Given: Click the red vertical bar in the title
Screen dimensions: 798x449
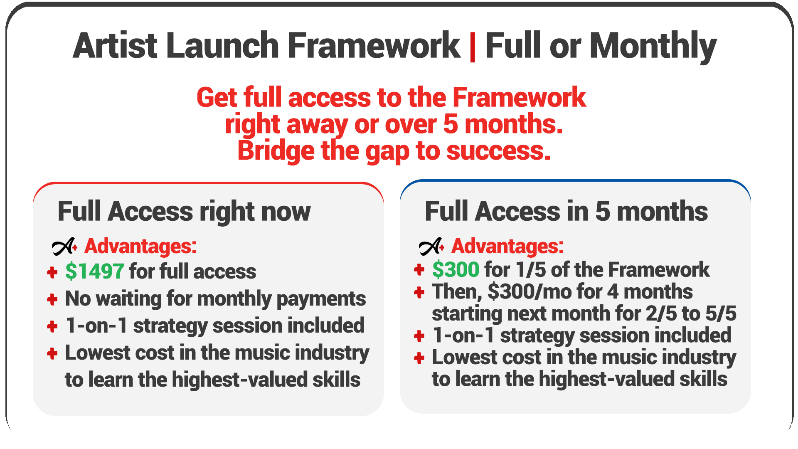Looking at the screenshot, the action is (x=473, y=47).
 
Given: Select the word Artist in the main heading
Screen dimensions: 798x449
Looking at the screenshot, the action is (x=115, y=45).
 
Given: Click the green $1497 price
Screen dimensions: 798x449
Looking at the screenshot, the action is (x=94, y=271).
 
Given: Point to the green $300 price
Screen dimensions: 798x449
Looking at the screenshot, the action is (x=456, y=270).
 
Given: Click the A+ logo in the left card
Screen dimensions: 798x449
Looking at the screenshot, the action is (x=65, y=246).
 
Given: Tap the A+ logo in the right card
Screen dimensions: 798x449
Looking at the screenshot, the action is (x=432, y=246).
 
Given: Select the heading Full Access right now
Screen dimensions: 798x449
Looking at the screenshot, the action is (x=184, y=212).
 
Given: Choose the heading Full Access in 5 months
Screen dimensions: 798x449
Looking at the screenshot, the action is (x=566, y=211).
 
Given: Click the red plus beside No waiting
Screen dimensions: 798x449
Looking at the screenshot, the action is (x=52, y=299).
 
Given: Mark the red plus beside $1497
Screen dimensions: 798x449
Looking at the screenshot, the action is (x=52, y=273).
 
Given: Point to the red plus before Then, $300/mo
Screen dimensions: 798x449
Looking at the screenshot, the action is (x=419, y=292).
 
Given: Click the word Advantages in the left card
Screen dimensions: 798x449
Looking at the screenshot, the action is (x=140, y=246).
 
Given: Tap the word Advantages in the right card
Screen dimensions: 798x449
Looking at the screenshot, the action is (x=507, y=246).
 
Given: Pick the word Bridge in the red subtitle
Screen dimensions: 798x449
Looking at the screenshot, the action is (x=276, y=150).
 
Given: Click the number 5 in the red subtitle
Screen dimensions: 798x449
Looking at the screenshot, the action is (x=451, y=124).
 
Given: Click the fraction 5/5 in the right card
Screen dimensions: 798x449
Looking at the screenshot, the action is (x=721, y=313).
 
